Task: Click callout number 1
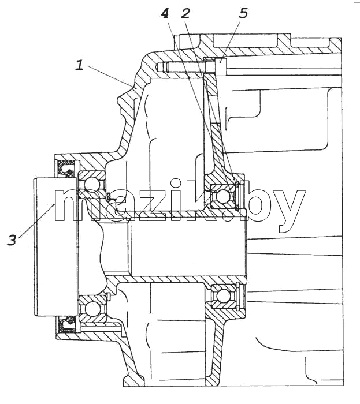pos(80,65)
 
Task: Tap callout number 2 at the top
pos(185,13)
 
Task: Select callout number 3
pos(12,240)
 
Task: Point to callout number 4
pos(165,13)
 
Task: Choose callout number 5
pos(243,13)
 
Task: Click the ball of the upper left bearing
pos(91,185)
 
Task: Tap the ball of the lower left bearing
pos(91,308)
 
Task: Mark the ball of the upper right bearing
pos(222,197)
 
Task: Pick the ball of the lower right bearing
pos(222,295)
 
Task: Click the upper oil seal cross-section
pos(66,169)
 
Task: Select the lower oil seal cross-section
pos(66,324)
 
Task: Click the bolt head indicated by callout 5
pos(221,67)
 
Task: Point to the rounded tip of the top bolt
pos(158,67)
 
